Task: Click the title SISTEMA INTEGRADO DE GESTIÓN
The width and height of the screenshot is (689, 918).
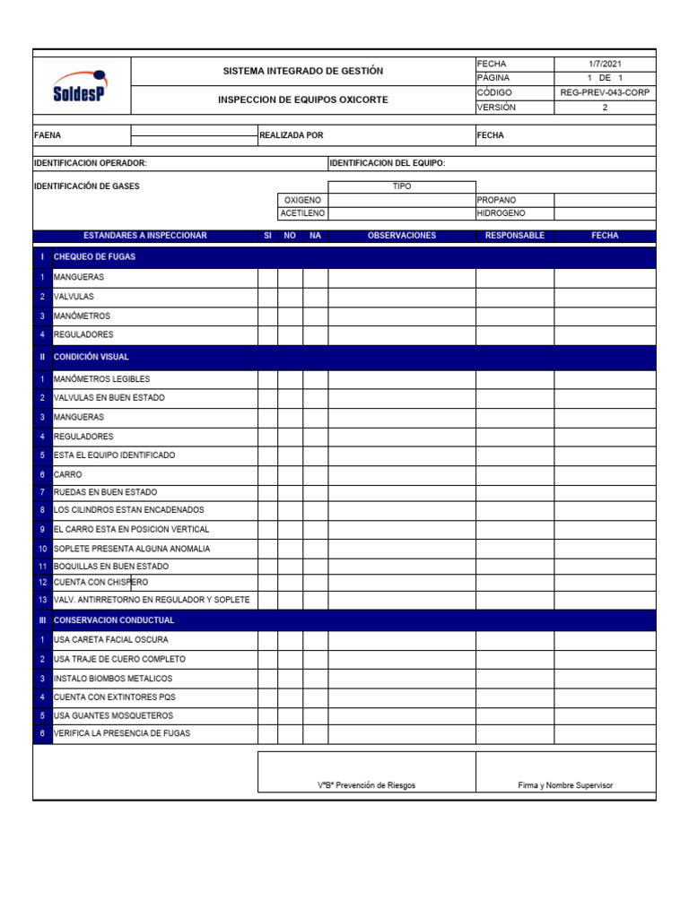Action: pos(302,71)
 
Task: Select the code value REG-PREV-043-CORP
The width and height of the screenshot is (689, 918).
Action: pos(605,92)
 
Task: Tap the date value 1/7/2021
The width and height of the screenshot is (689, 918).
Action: pos(605,64)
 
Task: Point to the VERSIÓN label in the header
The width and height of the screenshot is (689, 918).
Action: pos(497,107)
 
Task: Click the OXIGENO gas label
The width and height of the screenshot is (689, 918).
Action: pos(302,200)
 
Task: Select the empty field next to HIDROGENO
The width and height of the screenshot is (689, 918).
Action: pos(605,213)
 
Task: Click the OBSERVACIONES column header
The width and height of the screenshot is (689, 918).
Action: pos(401,236)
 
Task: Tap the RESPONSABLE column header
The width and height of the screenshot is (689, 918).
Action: pos(514,236)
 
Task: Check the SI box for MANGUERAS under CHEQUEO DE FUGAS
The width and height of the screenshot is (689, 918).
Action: pos(267,277)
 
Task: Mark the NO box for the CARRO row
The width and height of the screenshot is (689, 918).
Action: pos(290,473)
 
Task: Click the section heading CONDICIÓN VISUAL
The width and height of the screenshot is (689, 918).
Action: pos(92,357)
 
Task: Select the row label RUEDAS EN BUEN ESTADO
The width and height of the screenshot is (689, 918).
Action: pos(105,492)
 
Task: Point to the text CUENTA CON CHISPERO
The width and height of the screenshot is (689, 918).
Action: pos(101,583)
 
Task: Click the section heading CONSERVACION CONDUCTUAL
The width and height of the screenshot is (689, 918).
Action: pos(114,620)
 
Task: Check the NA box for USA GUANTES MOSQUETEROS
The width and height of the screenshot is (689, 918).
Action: pos(315,715)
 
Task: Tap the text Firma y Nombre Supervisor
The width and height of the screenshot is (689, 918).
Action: pos(565,785)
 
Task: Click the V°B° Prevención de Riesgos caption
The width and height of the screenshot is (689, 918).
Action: pos(366,785)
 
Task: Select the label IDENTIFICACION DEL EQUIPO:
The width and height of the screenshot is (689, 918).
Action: pos(388,163)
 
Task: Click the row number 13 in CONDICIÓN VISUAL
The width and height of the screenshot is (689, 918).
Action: pos(42,600)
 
